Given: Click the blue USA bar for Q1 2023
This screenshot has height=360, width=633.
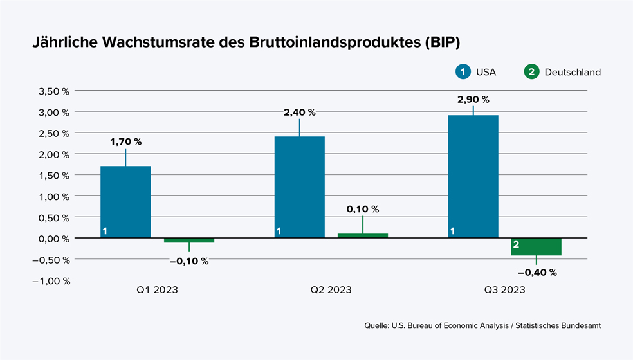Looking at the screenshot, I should [125, 202].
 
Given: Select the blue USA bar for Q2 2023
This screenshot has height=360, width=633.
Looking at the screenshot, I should [299, 187].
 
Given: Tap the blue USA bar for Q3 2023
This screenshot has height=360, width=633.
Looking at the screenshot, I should [473, 177].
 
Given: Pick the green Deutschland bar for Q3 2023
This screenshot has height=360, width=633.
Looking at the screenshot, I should [536, 247].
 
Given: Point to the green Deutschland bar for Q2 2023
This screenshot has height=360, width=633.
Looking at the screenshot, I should [362, 236].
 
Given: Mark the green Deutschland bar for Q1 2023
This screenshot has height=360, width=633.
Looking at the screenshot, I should [188, 240].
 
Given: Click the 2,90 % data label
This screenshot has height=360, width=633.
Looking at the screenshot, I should [473, 100].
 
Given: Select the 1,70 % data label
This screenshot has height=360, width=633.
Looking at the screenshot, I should [125, 141].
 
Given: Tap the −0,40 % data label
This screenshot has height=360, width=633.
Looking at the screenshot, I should [537, 272].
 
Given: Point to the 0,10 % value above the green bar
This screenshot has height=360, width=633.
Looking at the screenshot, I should [363, 209].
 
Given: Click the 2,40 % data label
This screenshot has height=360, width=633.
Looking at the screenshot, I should [299, 112].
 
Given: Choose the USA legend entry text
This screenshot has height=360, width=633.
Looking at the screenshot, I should [486, 72].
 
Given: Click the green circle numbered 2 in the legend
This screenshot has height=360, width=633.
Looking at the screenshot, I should [531, 72].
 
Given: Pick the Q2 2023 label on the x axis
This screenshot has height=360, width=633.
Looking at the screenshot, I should [331, 290].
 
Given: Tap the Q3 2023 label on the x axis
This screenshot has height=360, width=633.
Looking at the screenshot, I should [504, 290].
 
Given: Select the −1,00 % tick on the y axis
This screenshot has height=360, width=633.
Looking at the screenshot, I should [51, 281].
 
